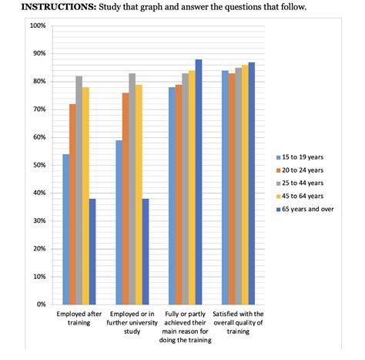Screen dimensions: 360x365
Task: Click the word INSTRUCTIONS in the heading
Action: [41, 7]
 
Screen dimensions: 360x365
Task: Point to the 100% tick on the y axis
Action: [38, 25]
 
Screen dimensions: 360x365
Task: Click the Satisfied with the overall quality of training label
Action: [238, 322]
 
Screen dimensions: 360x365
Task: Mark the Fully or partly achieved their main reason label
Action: [186, 327]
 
